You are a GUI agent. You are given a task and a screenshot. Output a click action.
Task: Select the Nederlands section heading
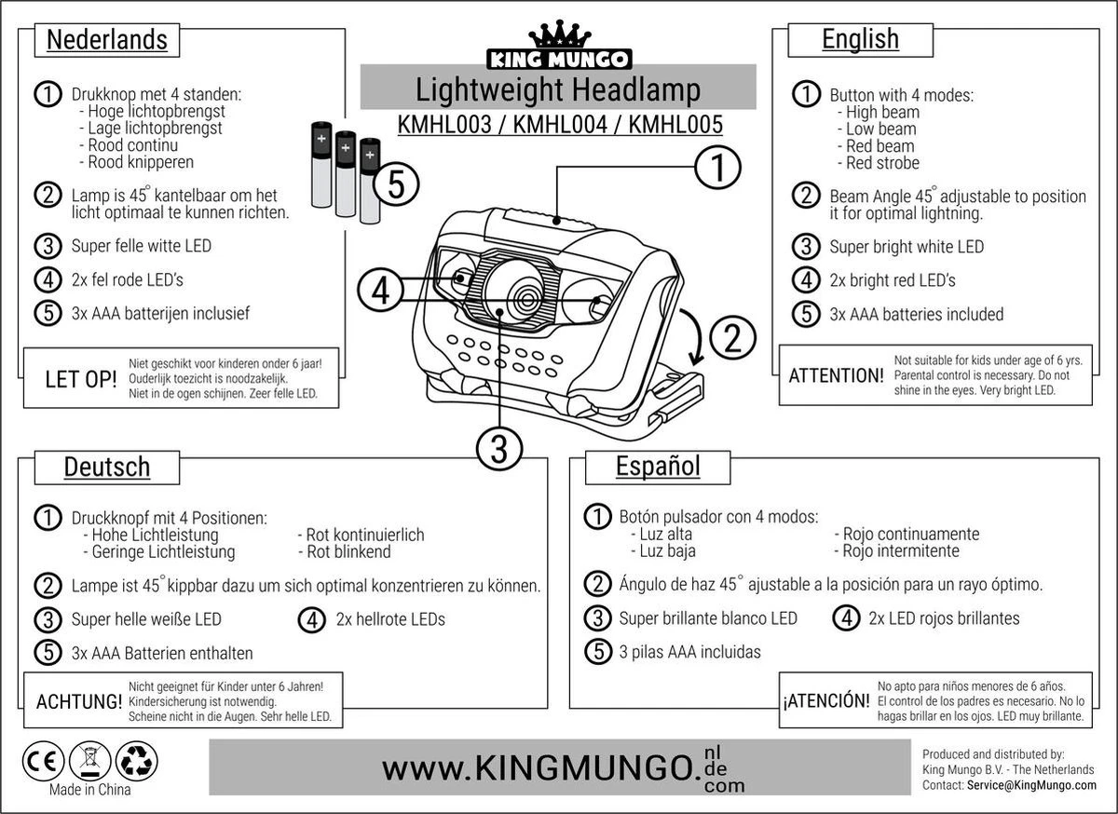click(107, 40)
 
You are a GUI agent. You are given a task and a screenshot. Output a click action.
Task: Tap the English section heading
click(860, 39)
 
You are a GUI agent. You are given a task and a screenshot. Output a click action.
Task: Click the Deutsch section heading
click(106, 466)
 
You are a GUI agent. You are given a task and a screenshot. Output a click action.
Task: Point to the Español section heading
click(658, 466)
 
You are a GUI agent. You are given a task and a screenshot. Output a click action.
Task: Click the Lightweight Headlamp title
click(557, 90)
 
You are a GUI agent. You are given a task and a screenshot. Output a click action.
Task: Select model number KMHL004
click(559, 124)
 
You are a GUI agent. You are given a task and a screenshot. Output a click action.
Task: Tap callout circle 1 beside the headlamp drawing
click(718, 168)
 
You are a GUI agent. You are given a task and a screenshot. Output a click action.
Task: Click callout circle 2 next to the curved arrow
click(733, 337)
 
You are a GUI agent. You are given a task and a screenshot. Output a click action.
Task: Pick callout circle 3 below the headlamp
click(498, 449)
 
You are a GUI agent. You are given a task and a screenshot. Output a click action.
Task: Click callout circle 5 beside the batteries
click(395, 186)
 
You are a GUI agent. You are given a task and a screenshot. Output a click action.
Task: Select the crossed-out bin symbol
click(90, 760)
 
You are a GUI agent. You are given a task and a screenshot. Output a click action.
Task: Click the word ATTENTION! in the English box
click(836, 376)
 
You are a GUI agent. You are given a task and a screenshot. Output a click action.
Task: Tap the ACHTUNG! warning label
click(78, 700)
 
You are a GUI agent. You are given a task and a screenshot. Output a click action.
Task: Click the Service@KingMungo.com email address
click(1031, 785)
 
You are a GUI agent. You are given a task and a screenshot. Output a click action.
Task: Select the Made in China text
click(89, 790)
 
